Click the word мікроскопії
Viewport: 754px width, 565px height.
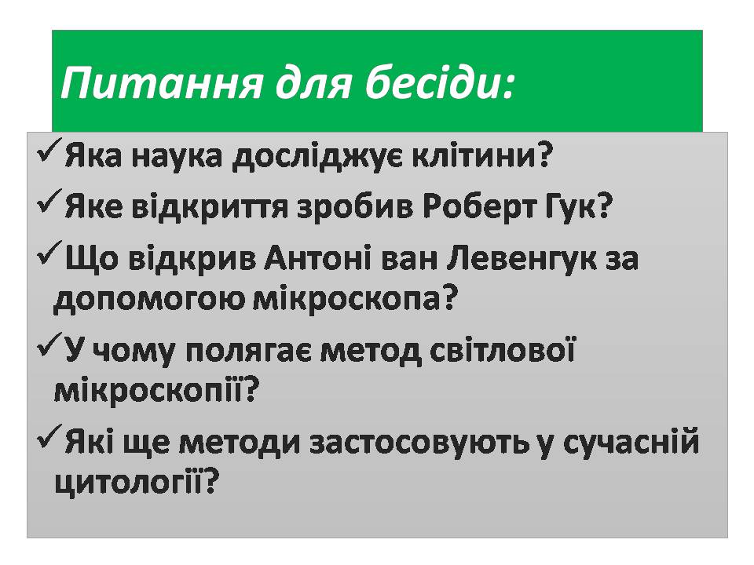(156, 391)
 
